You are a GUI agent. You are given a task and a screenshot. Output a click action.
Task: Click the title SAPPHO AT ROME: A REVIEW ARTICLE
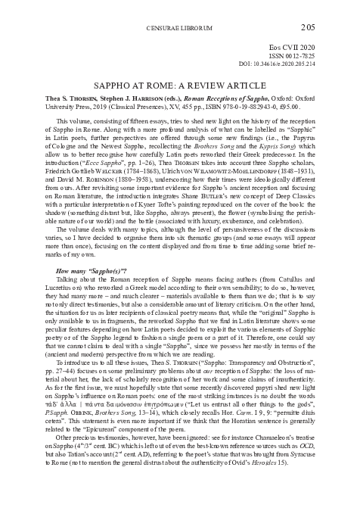[179, 85]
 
